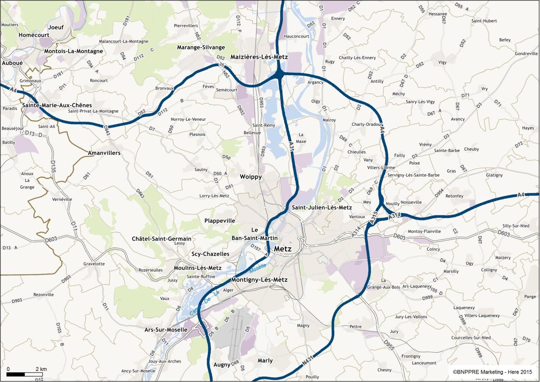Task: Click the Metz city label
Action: tap(283, 249)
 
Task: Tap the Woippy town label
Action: tap(251, 177)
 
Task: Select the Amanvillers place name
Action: tap(104, 153)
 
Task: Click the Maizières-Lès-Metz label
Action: tap(259, 57)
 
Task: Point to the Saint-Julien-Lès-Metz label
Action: tap(321, 208)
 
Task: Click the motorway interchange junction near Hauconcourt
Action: tap(279, 75)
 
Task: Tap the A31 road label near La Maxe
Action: tap(292, 146)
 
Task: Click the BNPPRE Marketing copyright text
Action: tap(492, 372)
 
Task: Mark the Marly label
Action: tap(265, 360)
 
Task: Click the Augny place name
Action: tap(222, 364)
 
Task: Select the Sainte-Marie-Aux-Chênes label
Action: tap(57, 105)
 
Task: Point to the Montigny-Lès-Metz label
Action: tap(259, 280)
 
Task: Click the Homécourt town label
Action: tap(34, 35)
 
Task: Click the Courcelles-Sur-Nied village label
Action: tap(471, 338)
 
